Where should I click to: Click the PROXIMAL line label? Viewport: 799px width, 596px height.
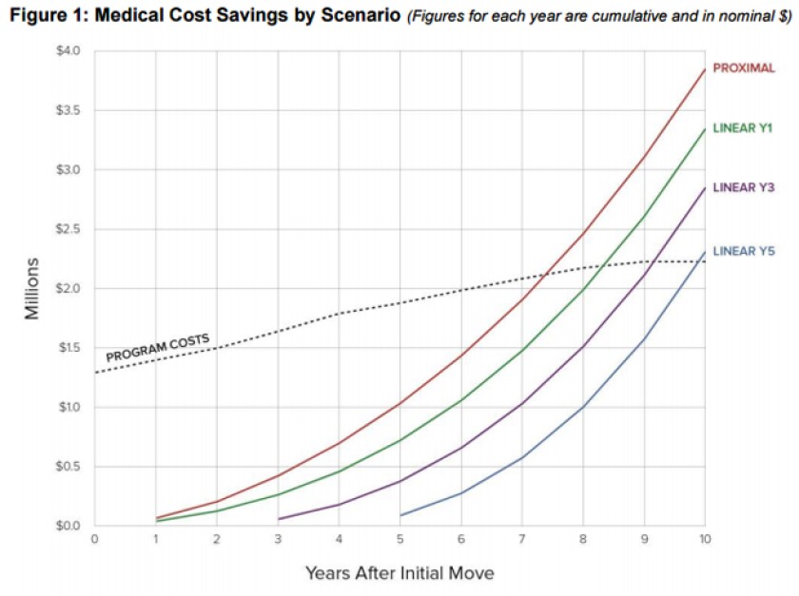point(744,68)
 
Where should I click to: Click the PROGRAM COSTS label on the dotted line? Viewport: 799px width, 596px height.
point(157,348)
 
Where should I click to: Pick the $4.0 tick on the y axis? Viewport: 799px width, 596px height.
point(68,50)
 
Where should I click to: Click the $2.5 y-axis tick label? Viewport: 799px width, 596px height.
point(68,229)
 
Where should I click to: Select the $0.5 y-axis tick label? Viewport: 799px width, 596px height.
point(68,467)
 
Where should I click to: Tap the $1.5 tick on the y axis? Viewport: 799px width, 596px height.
point(68,348)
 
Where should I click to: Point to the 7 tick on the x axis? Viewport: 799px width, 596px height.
point(521,539)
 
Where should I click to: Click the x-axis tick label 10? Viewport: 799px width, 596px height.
point(704,539)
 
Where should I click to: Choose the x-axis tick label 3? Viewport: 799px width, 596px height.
point(278,539)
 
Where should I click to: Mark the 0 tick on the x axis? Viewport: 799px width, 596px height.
point(94,539)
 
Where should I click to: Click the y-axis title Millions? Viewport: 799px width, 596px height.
point(32,288)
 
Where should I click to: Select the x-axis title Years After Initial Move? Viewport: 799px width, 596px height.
point(399,573)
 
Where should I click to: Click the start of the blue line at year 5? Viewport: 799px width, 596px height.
point(400,515)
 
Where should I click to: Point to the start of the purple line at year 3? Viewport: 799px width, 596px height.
point(279,519)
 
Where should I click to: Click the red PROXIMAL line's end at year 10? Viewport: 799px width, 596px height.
point(704,68)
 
